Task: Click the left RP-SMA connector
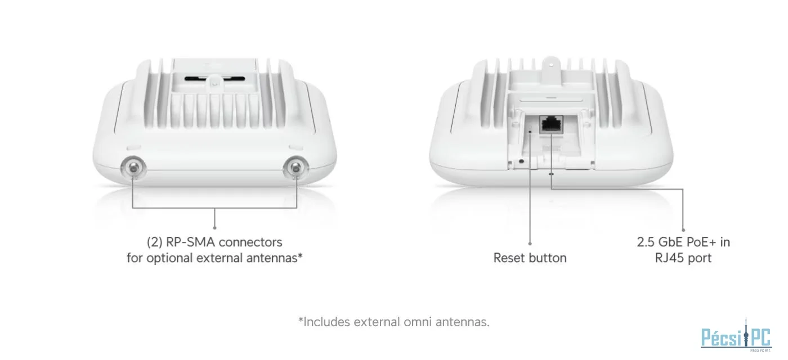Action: click(133, 168)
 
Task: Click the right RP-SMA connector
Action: click(296, 168)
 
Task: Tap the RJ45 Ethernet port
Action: click(551, 124)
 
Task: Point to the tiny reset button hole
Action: click(530, 132)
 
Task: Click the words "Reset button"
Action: click(530, 258)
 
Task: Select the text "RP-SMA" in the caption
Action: click(190, 242)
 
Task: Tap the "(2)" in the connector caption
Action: click(154, 242)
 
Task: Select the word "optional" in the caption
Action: click(169, 258)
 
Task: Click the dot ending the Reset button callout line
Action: click(530, 243)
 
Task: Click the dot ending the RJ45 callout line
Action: click(683, 230)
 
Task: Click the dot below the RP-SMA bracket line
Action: click(214, 228)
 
